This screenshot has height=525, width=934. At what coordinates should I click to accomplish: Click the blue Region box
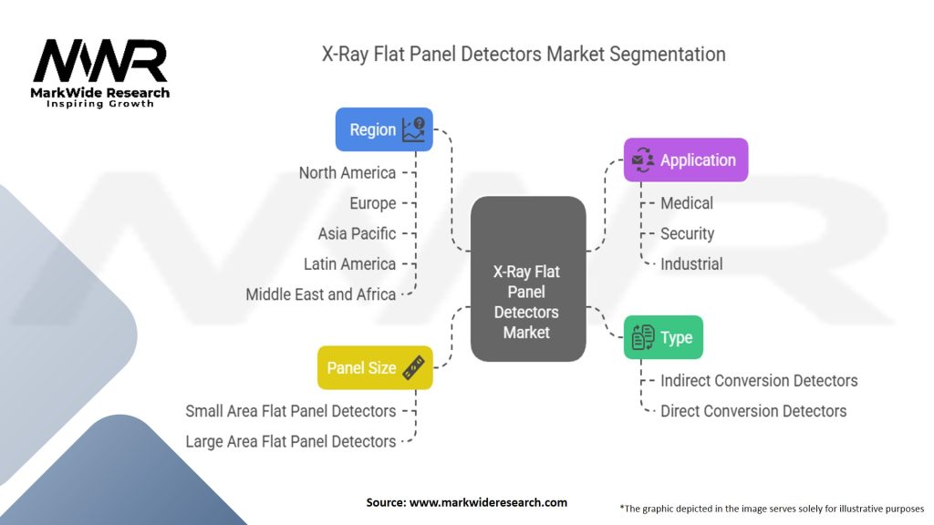[384, 129]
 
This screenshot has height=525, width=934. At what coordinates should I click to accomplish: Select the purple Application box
[685, 160]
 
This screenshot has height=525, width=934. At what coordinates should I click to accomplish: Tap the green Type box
[663, 337]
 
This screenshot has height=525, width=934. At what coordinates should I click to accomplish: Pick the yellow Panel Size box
[374, 367]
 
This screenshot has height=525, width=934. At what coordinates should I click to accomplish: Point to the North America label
[348, 172]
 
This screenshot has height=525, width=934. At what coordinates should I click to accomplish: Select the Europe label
[373, 203]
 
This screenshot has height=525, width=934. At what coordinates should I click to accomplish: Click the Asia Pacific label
[357, 233]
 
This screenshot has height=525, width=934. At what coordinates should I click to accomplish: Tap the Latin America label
[349, 264]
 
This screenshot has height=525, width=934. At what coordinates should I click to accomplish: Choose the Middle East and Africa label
[320, 294]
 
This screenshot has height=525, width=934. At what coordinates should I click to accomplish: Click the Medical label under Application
[687, 203]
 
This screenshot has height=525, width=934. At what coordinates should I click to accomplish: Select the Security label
[687, 233]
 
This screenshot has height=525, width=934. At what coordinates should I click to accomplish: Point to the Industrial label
[691, 264]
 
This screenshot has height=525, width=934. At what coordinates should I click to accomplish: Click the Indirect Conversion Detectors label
[759, 380]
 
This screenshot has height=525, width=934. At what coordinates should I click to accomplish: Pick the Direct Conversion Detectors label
[753, 411]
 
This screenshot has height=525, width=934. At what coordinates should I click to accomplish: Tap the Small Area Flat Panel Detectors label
[290, 411]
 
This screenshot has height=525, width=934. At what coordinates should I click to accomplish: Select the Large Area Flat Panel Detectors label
[290, 441]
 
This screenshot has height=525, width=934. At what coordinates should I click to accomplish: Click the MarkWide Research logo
[100, 72]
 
